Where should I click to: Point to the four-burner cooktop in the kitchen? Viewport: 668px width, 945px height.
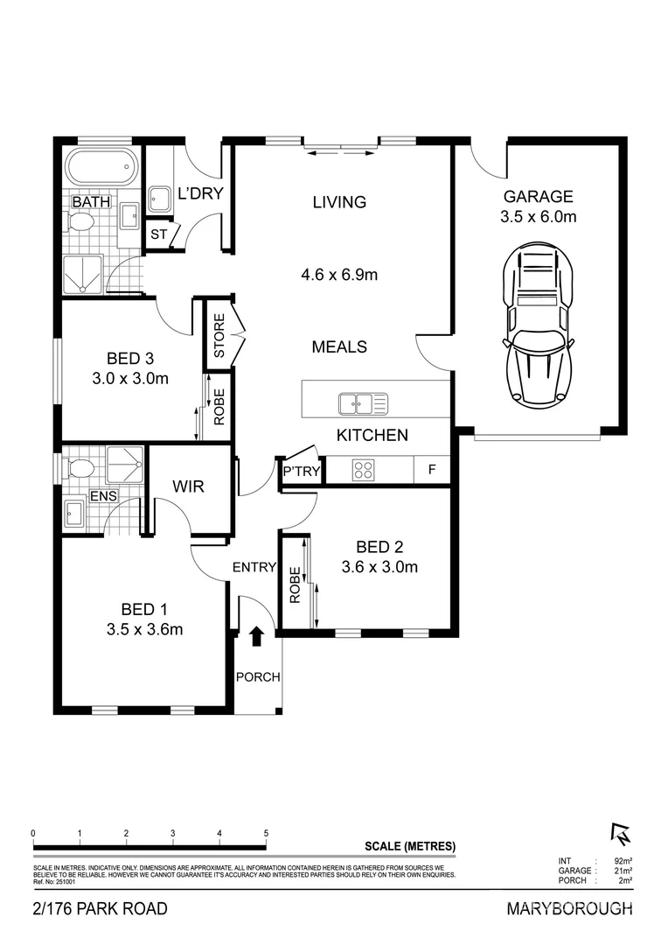(x=364, y=470)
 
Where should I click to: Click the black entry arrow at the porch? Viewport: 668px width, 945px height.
(x=256, y=636)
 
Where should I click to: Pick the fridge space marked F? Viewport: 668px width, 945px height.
(x=431, y=470)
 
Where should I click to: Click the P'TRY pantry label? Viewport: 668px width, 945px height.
(x=301, y=472)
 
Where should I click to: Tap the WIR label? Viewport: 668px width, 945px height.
(x=188, y=486)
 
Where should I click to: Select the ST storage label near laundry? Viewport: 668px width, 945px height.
(x=158, y=234)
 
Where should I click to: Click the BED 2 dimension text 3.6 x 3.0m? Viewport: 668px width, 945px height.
(x=379, y=567)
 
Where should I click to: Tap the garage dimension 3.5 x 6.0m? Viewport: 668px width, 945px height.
(x=538, y=217)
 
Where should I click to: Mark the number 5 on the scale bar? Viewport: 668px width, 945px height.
(x=266, y=833)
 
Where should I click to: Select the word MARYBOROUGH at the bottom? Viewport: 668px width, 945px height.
(x=569, y=909)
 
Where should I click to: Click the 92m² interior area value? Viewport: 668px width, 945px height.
(x=623, y=861)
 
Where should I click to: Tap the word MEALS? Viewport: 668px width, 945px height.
(x=339, y=346)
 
